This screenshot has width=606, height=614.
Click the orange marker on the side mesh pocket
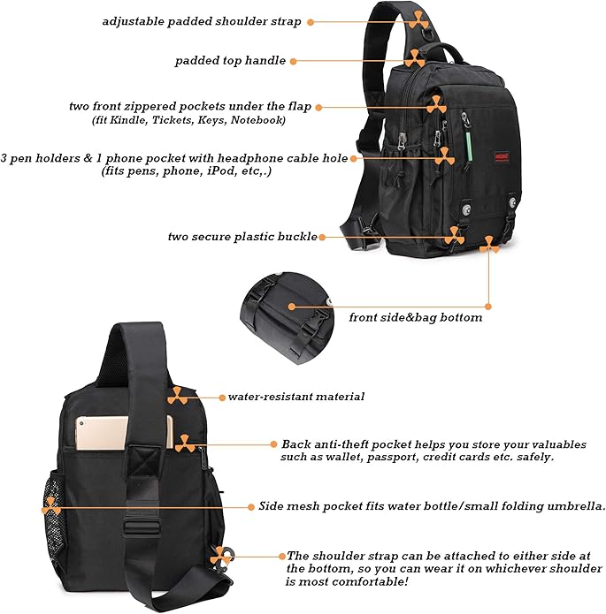(51, 506)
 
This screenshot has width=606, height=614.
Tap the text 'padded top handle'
(230, 61)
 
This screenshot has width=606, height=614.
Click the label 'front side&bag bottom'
(416, 317)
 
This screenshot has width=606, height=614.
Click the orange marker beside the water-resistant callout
(178, 395)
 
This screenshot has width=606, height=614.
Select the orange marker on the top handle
(414, 58)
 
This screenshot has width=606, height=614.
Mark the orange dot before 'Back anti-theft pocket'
(273, 443)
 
